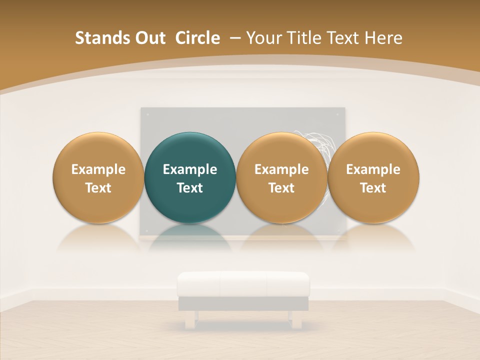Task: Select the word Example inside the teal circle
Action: (190, 169)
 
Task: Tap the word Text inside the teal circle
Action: (190, 188)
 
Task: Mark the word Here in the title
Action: (385, 38)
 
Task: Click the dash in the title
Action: (233, 38)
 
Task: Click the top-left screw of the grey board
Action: (147, 114)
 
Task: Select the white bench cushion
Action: (243, 284)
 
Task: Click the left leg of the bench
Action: (190, 319)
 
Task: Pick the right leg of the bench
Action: (296, 319)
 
